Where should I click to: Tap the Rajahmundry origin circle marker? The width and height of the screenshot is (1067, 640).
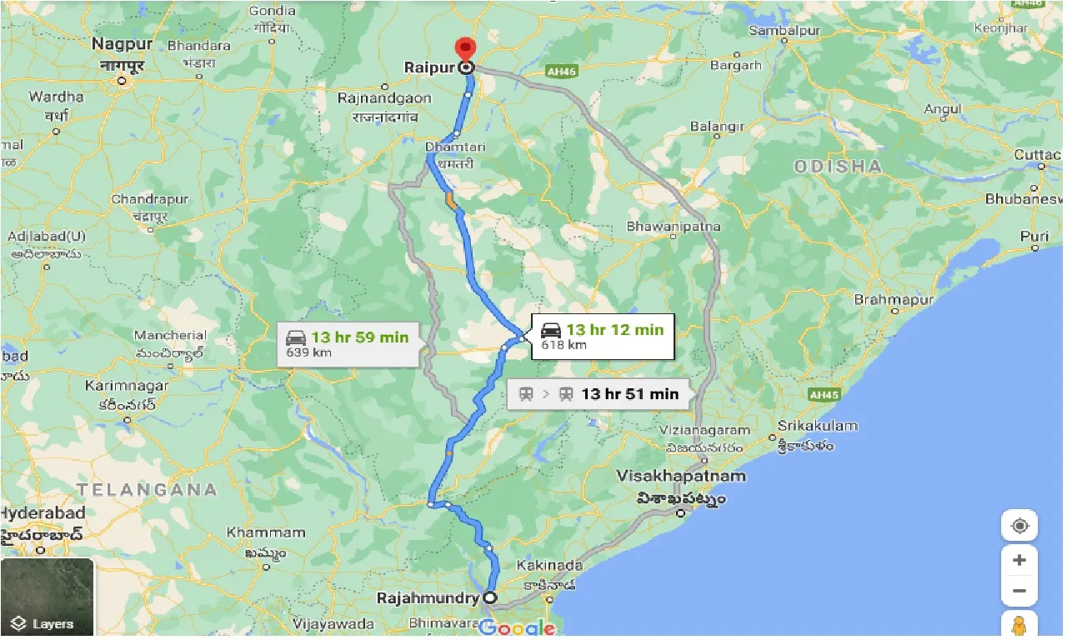point(489,597)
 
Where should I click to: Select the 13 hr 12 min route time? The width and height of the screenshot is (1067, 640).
point(614,329)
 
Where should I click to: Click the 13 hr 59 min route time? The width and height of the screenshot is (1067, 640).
point(359,337)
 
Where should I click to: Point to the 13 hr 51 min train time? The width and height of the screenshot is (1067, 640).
point(629,393)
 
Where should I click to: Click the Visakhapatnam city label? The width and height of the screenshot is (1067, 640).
point(681,476)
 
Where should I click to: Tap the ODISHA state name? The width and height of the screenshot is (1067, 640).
point(838,166)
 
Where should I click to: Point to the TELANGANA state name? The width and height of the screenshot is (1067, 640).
point(147,489)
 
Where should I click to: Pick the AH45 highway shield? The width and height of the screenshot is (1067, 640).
point(822,394)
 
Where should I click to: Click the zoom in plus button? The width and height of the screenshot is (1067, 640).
point(1019,560)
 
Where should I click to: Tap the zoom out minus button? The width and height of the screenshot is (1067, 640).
point(1019,591)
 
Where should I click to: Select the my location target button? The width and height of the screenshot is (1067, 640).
point(1019,526)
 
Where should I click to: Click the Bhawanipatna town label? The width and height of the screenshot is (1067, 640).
point(673,226)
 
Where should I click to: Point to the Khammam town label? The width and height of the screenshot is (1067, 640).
point(266,532)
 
